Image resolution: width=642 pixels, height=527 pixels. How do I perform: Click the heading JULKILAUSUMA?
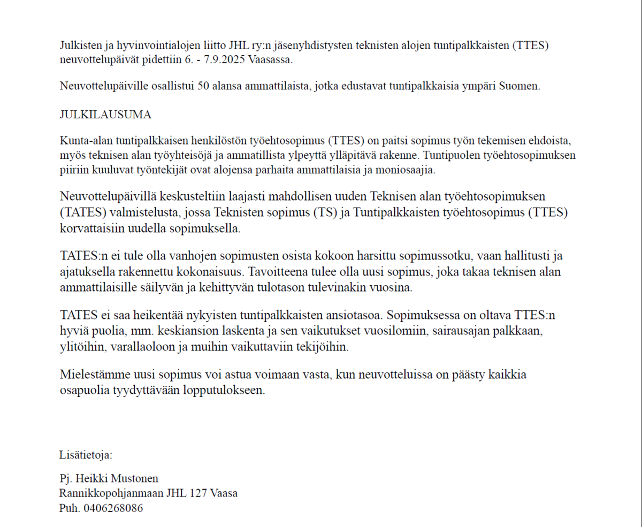pos(105,114)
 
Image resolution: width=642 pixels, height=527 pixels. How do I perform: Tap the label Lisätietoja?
pos(86,455)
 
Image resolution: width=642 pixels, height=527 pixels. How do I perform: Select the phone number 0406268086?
pos(113,508)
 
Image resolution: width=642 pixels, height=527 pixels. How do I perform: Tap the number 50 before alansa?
pos(203,86)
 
